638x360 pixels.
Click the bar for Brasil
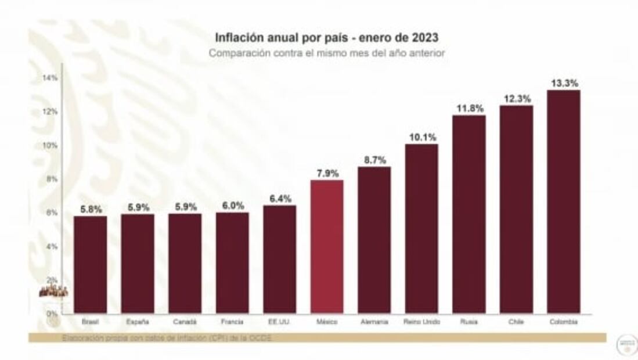[90, 265]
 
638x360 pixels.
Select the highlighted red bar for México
[327, 247]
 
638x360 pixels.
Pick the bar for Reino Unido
[421, 229]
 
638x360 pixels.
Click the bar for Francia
[232, 263]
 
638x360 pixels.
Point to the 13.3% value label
[564, 84]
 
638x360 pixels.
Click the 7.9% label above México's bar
[327, 173]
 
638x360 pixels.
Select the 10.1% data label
[421, 137]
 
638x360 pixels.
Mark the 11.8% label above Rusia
[468, 108]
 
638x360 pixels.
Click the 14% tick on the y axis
[51, 78]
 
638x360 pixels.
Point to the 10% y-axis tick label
[51, 145]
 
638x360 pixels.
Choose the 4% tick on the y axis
[52, 246]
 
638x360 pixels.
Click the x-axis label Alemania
[374, 322]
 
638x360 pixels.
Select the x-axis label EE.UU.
[279, 322]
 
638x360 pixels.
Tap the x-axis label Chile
[516, 322]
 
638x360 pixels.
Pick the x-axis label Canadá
[185, 322]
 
